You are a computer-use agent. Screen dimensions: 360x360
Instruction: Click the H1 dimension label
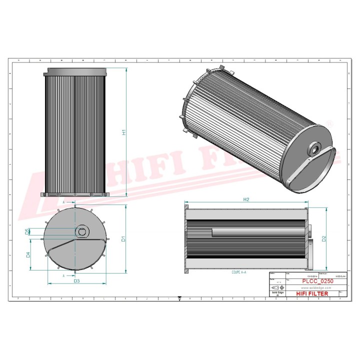click(x=123, y=133)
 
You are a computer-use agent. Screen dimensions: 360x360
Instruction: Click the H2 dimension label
click(x=246, y=199)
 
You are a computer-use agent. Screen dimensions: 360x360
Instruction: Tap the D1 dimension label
click(x=123, y=239)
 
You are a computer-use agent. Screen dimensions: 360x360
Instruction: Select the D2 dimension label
click(x=323, y=238)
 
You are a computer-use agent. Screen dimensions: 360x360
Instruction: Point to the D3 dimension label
click(x=76, y=281)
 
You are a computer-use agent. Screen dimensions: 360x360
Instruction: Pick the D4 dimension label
click(x=28, y=254)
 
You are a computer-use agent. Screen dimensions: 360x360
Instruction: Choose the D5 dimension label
click(x=28, y=231)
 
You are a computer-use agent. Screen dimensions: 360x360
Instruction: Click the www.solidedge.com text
click(x=315, y=288)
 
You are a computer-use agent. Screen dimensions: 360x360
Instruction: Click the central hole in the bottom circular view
click(x=81, y=231)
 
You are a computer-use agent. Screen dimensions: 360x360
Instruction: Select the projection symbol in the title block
click(x=277, y=288)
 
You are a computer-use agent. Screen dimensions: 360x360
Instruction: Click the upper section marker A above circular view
click(x=63, y=202)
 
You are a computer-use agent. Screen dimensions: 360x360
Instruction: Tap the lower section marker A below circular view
click(x=63, y=275)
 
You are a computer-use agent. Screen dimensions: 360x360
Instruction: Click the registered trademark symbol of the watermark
click(x=329, y=122)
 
